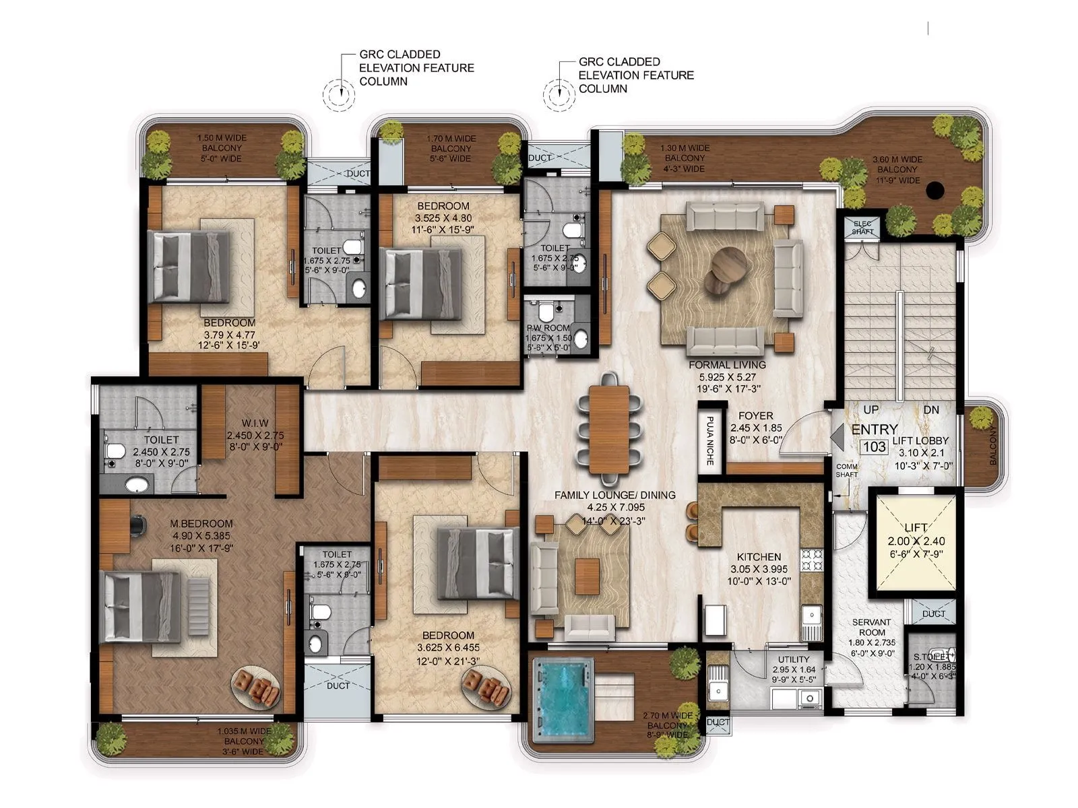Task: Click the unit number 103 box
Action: tap(875, 446)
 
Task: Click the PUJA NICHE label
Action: tap(709, 441)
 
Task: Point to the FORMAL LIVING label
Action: tap(727, 365)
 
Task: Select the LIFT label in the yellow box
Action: tap(916, 527)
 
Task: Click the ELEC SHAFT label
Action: tap(862, 227)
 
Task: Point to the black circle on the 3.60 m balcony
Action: tap(934, 191)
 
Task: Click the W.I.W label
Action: tap(255, 423)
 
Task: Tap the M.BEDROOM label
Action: tap(201, 523)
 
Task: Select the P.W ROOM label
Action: tap(548, 328)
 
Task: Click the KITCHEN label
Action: tap(759, 557)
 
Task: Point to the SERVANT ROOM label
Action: tap(871, 627)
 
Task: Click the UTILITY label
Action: tap(794, 659)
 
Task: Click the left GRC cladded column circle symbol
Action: tap(338, 95)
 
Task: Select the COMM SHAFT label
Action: tap(846, 470)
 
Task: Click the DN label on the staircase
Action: tap(931, 409)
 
